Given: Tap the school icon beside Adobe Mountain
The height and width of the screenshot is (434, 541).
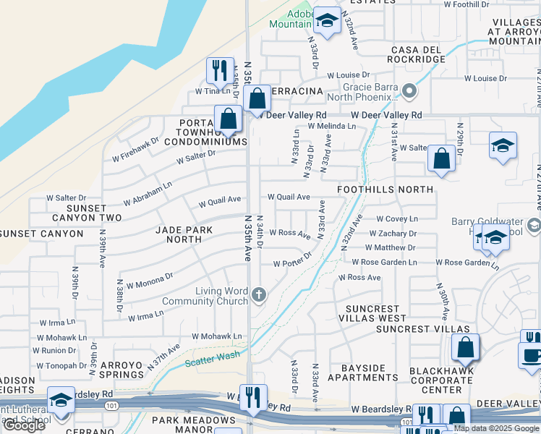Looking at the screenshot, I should point(327,22).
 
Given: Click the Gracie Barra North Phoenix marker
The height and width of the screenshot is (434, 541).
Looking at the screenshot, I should point(409,91).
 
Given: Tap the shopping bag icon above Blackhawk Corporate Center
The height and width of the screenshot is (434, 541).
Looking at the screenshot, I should point(465,348).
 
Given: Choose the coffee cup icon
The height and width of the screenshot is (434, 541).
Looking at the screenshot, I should point(532,356).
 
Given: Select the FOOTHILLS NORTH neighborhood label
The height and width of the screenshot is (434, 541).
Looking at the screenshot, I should point(385,190).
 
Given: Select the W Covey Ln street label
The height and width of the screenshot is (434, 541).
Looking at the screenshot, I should point(397,218).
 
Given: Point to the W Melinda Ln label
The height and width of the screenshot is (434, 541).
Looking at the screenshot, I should point(332,126).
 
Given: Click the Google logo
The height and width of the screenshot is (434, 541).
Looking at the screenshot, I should point(25,425).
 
